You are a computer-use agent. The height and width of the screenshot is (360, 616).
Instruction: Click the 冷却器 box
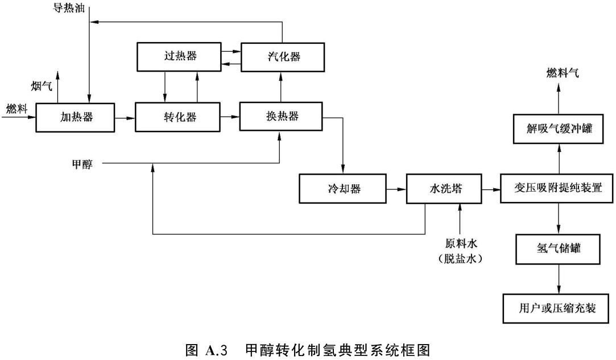[343, 189]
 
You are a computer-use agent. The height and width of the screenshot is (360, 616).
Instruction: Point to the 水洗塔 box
[443, 189]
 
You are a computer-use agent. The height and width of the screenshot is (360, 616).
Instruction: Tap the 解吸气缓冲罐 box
[557, 129]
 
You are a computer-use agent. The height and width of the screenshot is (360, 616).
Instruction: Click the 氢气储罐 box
[557, 249]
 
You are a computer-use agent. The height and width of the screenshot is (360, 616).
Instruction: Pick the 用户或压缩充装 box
[557, 308]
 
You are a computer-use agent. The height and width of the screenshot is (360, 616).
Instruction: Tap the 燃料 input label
[16, 109]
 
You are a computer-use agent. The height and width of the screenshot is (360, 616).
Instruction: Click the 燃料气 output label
[558, 72]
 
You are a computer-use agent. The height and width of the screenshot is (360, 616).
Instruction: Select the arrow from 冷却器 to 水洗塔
[396, 189]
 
